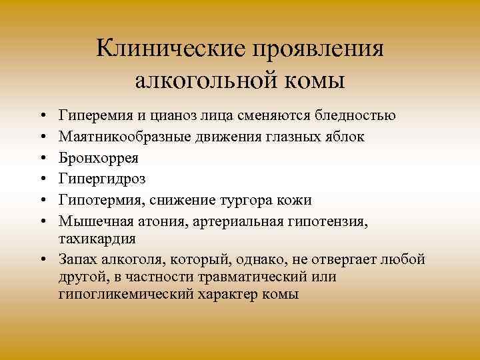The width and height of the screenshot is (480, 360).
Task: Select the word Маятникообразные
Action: [124, 137]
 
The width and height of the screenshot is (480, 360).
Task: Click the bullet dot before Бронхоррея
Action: [41, 159]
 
